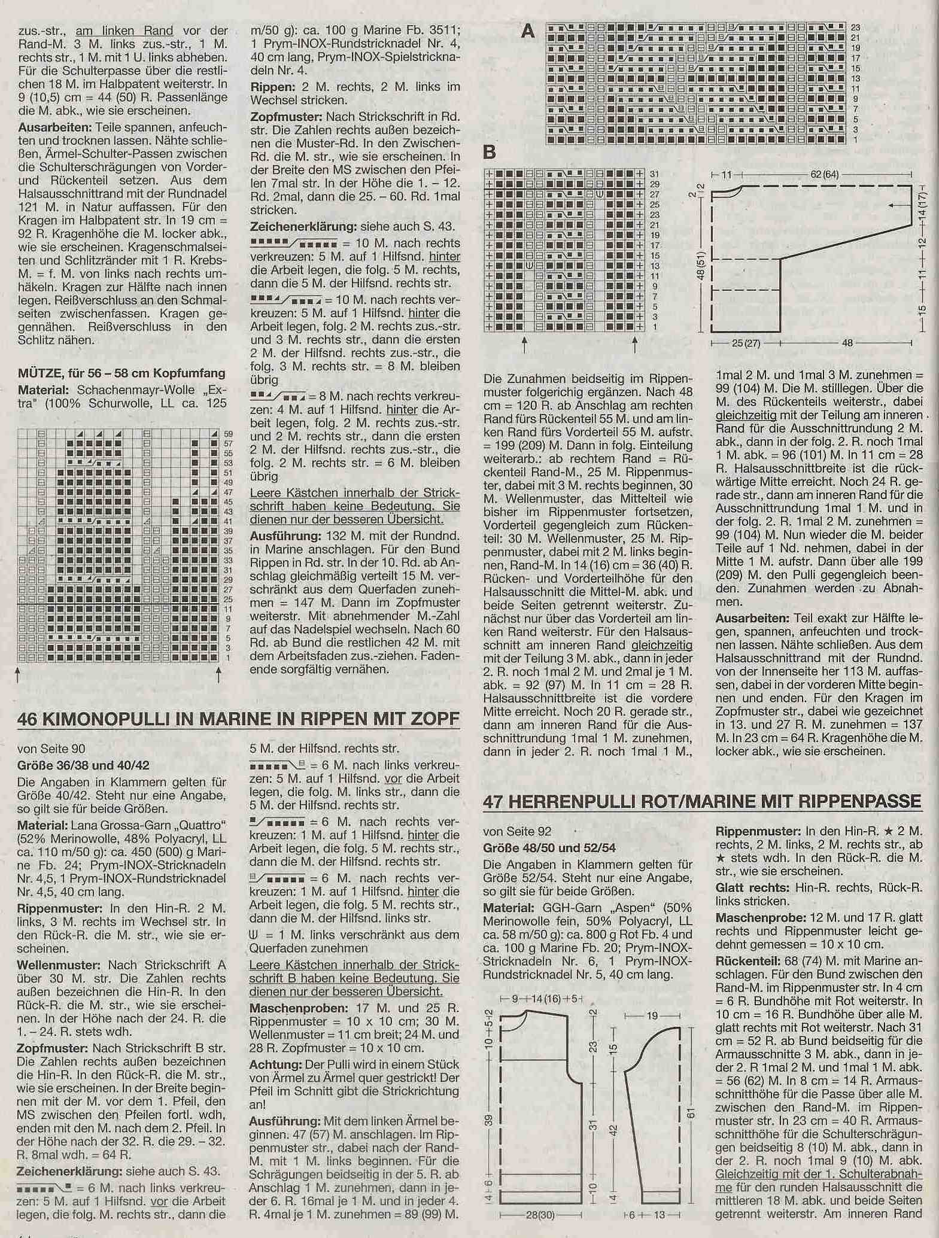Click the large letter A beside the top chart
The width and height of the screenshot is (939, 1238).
[527, 31]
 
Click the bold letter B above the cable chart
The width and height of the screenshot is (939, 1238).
[489, 153]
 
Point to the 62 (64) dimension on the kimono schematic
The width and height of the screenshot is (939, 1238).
[825, 175]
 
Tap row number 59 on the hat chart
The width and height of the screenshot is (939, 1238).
[227, 434]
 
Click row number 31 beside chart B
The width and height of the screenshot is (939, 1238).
[655, 174]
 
